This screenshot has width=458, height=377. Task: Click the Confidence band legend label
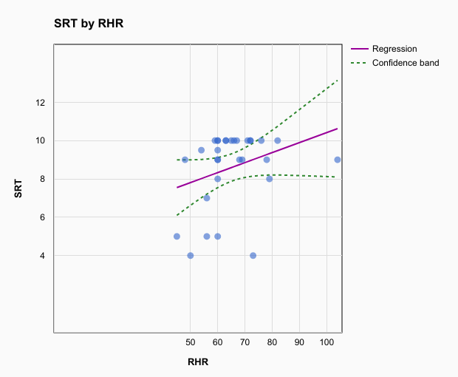coord(406,63)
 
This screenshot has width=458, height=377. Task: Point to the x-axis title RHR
coord(198,361)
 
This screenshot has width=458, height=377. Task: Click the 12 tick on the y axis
coord(40,102)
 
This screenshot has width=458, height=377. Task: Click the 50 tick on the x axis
coord(191,343)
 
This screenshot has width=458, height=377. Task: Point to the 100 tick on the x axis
coord(327,343)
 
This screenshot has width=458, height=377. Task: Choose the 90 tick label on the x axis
coord(299,343)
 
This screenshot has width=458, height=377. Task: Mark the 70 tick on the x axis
coord(245,343)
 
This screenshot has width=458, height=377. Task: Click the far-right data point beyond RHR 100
coord(338,160)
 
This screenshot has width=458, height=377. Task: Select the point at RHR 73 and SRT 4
coord(253,256)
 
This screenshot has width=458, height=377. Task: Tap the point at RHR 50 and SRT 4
coord(191,256)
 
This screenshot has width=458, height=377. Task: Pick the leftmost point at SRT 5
coord(177,237)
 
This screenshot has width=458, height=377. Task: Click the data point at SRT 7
coord(207,198)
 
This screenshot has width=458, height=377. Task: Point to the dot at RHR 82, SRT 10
coord(278,140)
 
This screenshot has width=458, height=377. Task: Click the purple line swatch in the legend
coord(359,49)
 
